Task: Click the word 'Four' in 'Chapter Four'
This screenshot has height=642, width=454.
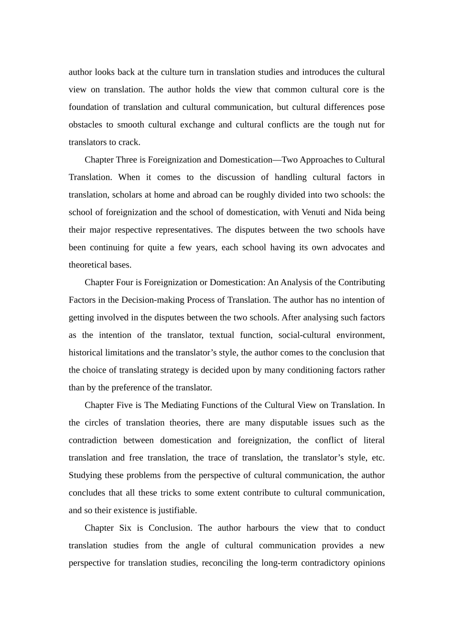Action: point(125,282)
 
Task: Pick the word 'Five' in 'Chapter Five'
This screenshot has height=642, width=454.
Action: point(125,405)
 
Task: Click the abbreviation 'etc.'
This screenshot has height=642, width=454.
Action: point(378,458)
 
